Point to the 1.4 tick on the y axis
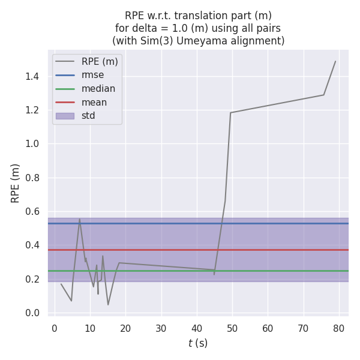coord(33,76)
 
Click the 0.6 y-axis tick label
coord(33,211)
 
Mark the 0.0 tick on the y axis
coord(33,313)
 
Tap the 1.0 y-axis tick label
coord(33,144)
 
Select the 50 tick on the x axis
coord(232,328)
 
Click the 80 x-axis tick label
coord(339,328)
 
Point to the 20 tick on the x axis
coord(125,328)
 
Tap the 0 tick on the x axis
coord(55,328)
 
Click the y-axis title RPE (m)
coord(16,183)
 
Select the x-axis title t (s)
coord(198,343)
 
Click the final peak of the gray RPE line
coord(335,61)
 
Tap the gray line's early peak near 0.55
coord(79,219)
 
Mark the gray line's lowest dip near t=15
coord(108,305)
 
